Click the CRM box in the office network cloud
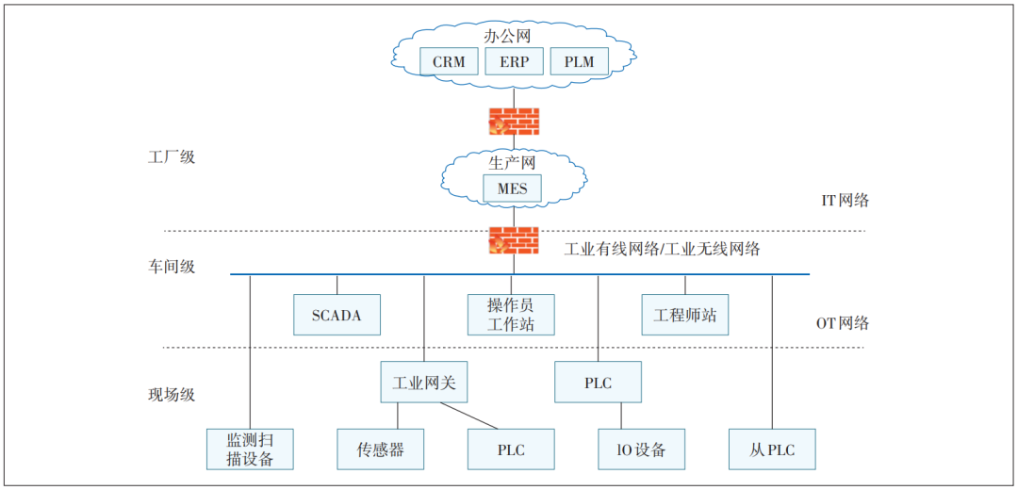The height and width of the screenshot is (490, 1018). [449, 62]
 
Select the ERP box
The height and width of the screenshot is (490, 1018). [514, 62]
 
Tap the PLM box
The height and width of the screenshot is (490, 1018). [579, 62]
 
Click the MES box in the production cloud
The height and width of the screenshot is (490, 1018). [513, 188]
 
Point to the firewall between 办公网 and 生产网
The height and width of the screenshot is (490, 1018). [514, 122]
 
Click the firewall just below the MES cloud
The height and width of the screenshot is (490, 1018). [514, 240]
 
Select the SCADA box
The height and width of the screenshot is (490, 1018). [337, 315]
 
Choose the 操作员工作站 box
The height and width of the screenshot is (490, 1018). [511, 315]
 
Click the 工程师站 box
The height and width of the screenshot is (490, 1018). [685, 315]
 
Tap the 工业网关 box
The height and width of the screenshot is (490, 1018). [423, 383]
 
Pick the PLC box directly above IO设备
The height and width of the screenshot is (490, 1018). [598, 383]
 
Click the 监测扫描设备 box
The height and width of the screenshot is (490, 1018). [250, 449]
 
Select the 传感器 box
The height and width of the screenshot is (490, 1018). [380, 449]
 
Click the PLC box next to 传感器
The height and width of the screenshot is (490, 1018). [511, 449]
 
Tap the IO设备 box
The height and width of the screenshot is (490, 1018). [641, 449]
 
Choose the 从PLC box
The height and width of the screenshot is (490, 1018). [771, 449]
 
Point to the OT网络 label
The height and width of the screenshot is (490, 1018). [842, 323]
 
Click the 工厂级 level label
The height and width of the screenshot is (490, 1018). [172, 156]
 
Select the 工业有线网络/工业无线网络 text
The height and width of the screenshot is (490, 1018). [662, 250]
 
